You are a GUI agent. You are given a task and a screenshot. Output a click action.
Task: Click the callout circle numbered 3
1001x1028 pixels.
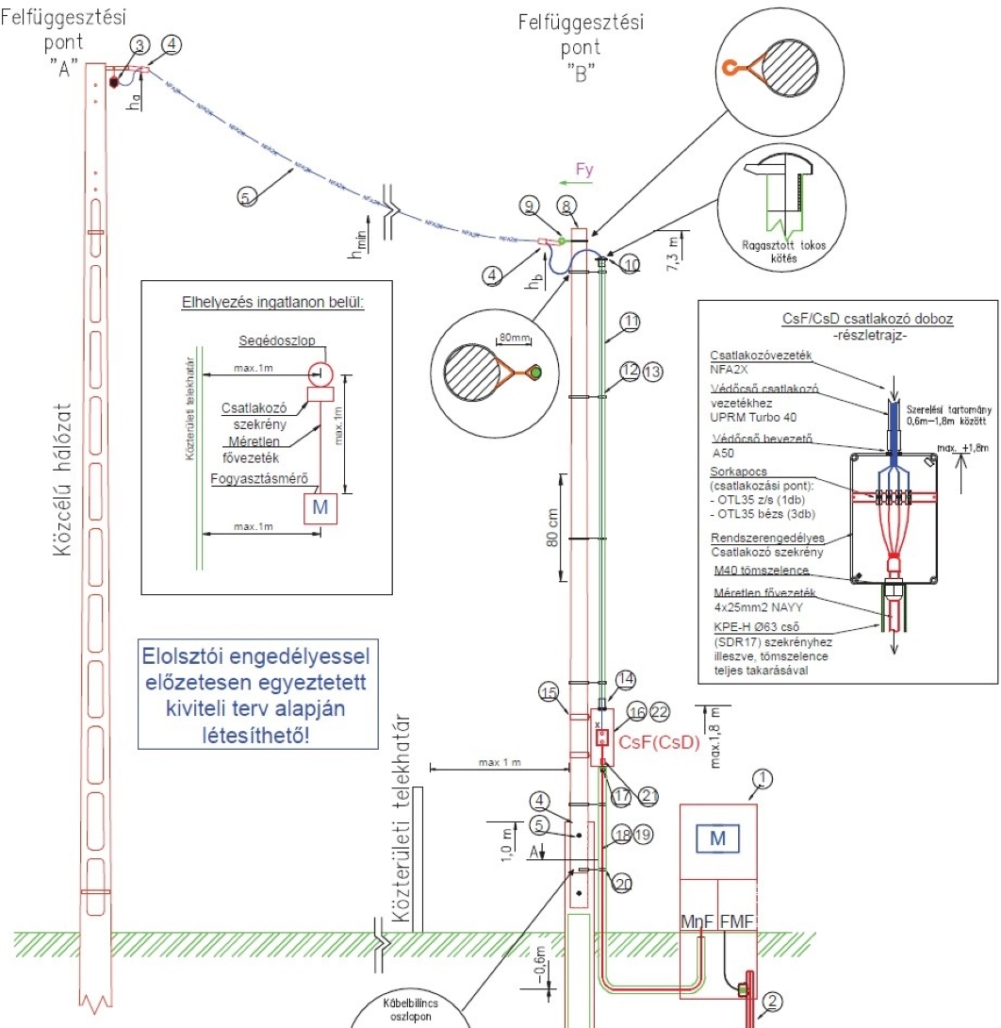point(139,45)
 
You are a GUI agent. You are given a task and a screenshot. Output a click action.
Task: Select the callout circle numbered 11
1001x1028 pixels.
point(631,323)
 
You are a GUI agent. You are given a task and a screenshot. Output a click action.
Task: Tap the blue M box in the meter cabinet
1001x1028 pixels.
point(718,837)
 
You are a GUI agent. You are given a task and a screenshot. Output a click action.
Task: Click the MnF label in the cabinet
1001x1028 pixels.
point(697,920)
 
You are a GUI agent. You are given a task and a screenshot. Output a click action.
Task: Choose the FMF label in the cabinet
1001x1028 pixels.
point(739,920)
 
